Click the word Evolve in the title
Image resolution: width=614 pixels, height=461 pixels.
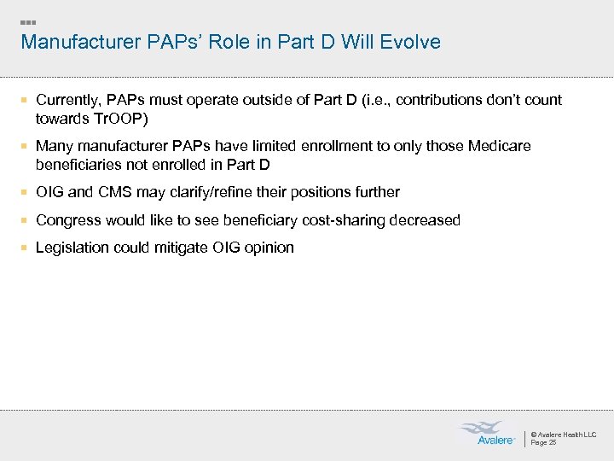point(412,42)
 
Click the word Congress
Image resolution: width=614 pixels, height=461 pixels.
point(68,220)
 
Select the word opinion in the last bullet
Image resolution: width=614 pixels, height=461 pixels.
point(266,248)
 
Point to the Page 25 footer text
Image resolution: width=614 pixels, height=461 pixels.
point(543,443)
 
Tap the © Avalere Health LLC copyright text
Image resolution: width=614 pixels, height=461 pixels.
point(563,435)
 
